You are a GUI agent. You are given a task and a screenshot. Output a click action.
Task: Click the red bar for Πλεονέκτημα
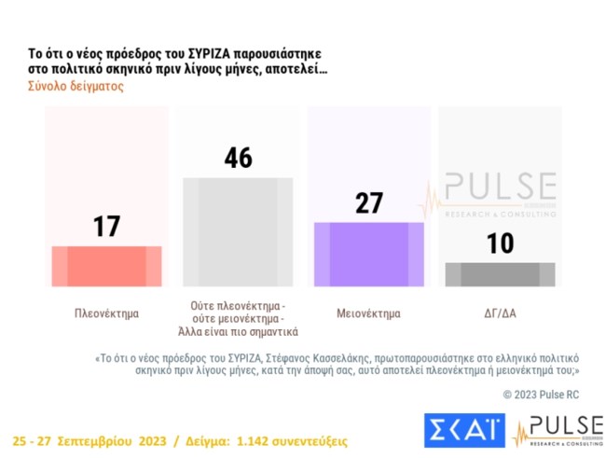(106, 266)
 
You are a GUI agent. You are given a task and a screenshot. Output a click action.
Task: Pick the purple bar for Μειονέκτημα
(369, 254)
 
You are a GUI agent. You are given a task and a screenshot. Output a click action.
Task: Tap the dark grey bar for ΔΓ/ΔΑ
(501, 274)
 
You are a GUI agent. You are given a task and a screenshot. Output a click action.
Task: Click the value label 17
(106, 226)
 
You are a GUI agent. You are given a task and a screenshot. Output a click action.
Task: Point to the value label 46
(238, 158)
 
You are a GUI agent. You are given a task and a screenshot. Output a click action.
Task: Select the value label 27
(369, 203)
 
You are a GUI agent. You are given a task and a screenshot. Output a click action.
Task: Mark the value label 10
(501, 243)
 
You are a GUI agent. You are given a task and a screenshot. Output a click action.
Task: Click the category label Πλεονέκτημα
(106, 313)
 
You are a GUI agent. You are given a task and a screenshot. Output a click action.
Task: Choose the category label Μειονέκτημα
(369, 313)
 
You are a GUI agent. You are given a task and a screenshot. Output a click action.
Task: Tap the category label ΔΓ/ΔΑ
(501, 313)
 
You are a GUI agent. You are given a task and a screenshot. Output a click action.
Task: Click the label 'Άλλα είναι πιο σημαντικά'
(238, 332)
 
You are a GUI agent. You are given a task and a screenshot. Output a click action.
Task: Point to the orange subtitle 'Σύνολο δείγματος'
(70, 87)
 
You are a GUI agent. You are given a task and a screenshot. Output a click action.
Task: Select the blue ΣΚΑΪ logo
(463, 429)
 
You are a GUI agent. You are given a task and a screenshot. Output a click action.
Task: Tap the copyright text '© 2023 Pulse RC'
(541, 395)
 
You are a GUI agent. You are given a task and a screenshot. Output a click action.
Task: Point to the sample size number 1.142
(256, 439)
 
